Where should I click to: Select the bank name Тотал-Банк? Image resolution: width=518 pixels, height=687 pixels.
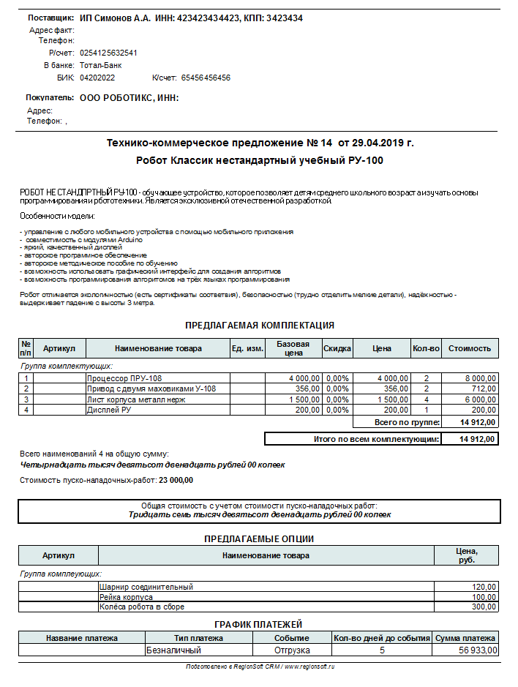tap(101, 65)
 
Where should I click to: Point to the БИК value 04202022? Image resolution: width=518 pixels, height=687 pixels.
tap(97, 78)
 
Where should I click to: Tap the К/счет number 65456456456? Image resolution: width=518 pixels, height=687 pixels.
tap(206, 78)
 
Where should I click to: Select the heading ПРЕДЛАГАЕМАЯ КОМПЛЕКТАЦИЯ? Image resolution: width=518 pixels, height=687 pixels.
tap(259, 325)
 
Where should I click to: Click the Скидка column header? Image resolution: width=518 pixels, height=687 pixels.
tap(337, 349)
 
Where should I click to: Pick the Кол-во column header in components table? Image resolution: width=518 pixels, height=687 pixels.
tap(425, 349)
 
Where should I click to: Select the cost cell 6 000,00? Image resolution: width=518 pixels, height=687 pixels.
tap(479, 400)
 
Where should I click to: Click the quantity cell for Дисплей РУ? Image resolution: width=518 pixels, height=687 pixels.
tap(425, 410)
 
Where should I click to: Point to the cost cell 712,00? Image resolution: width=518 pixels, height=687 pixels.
tap(484, 388)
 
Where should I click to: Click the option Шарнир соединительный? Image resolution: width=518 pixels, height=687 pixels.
tap(146, 587)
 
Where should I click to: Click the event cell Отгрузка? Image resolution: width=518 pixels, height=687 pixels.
tap(292, 650)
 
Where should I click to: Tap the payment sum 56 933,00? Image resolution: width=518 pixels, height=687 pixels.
tap(477, 650)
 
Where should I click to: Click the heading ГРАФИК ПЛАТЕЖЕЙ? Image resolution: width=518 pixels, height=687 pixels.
tap(259, 624)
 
